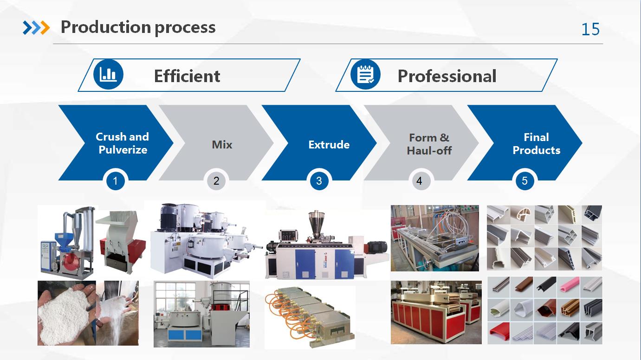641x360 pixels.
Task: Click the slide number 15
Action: [x=590, y=29]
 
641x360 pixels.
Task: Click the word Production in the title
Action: [x=105, y=27]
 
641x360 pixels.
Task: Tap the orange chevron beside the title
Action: [x=45, y=28]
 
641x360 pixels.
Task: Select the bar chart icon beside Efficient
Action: [x=108, y=74]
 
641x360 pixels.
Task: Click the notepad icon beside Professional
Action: [x=365, y=74]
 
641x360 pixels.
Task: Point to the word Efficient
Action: [x=187, y=76]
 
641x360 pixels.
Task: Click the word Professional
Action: [x=447, y=76]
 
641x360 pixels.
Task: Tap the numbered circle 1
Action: [x=115, y=181]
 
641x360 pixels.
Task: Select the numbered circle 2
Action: [x=216, y=181]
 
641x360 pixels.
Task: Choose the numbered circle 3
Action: [x=319, y=181]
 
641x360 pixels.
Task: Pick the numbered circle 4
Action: [x=419, y=181]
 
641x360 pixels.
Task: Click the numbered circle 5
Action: [x=524, y=181]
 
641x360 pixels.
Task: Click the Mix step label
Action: [x=222, y=144]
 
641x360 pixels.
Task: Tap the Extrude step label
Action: [x=329, y=145]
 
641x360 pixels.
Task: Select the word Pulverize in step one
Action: [x=123, y=150]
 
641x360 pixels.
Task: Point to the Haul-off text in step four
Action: [x=429, y=150]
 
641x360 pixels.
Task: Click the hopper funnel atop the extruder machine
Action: [x=316, y=223]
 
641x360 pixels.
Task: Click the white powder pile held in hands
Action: [x=65, y=315]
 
